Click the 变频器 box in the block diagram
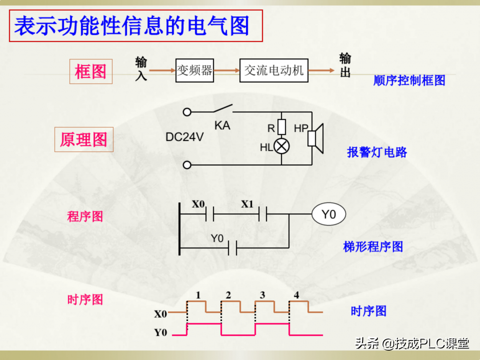[195, 70]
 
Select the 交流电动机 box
[274, 70]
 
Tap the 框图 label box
[91, 71]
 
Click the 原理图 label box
[84, 140]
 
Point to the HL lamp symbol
[282, 146]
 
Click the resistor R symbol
[282, 127]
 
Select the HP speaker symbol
[315, 138]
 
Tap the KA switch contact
[223, 109]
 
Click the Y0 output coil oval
[329, 214]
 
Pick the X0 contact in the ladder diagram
[210, 214]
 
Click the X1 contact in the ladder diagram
[263, 214]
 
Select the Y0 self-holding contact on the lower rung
[232, 248]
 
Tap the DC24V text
[184, 137]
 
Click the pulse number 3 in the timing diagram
[262, 295]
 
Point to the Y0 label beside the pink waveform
[161, 332]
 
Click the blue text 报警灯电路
[377, 152]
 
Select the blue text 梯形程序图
[373, 247]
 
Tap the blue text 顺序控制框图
[409, 80]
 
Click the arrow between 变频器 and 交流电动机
[227, 70]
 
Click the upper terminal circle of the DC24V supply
[187, 112]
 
